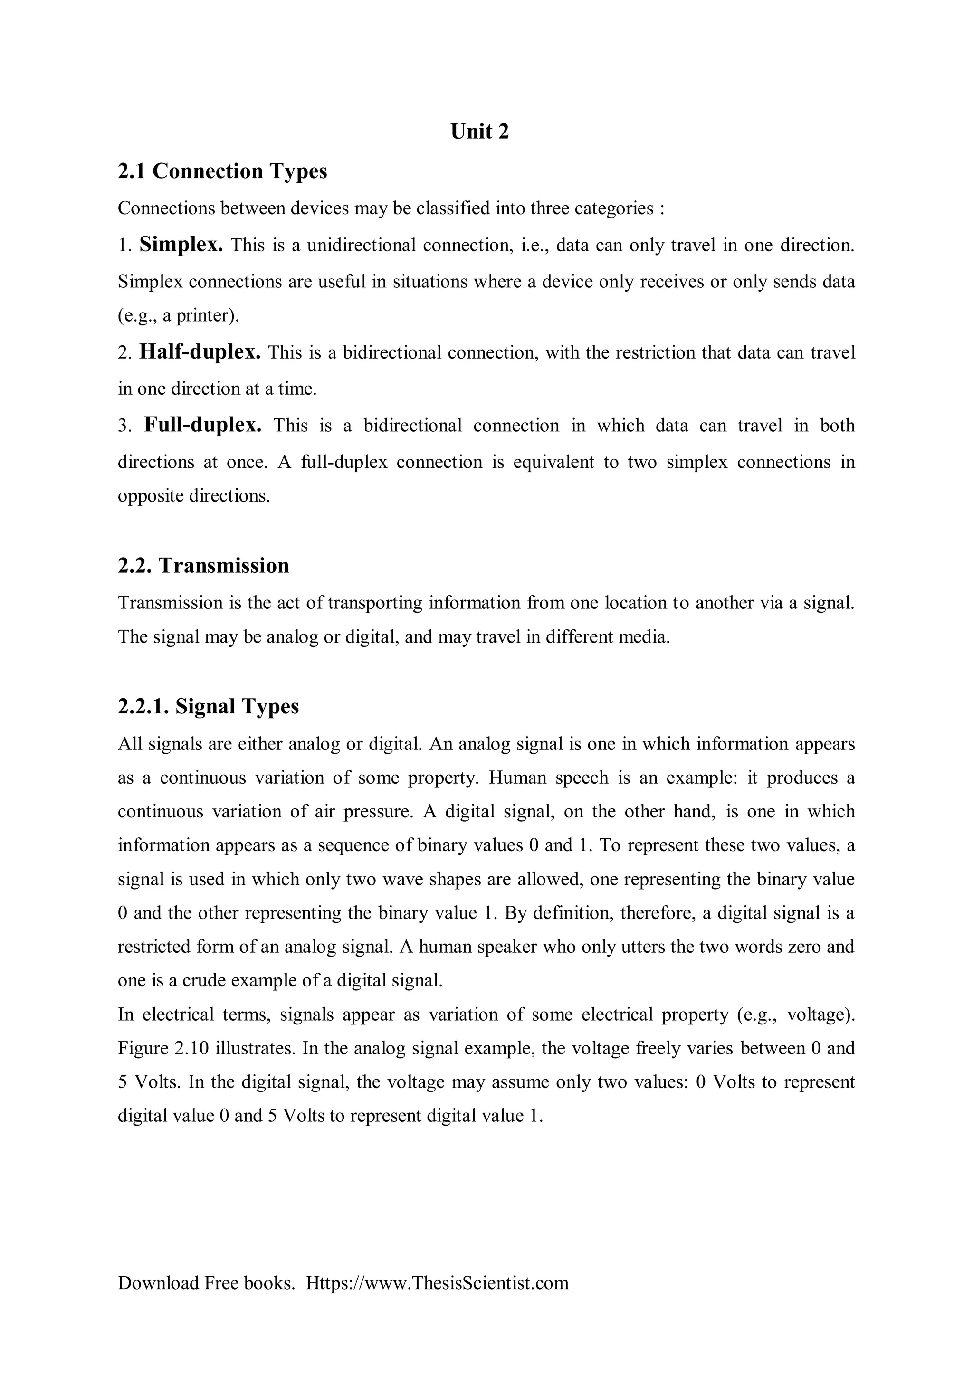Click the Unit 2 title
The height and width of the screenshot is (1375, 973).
coord(479,132)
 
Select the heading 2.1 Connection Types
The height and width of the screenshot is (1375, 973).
coord(222,171)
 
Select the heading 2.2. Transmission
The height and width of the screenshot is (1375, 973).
coord(203,565)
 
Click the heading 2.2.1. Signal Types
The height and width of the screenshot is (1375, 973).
coord(208,706)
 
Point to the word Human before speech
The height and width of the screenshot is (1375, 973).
coord(518,778)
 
